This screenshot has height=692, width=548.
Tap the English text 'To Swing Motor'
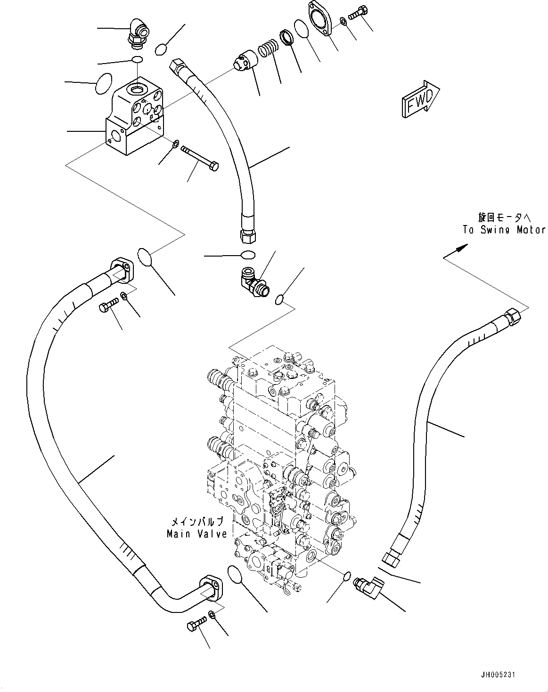coord(503,230)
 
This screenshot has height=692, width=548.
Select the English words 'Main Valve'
coord(196,534)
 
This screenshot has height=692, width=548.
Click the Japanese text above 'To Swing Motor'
coord(504,217)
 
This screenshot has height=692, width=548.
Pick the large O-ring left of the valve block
coord(104,84)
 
